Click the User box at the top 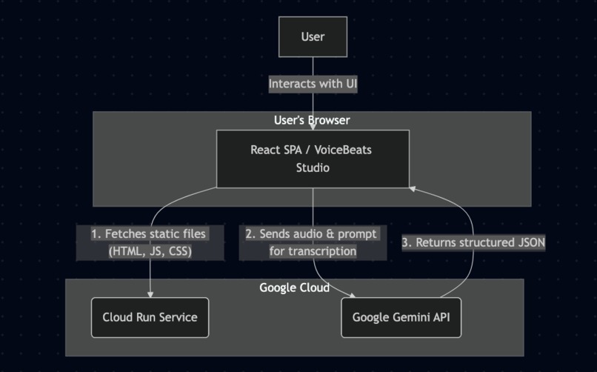click(x=313, y=37)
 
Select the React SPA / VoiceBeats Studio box click(x=312, y=159)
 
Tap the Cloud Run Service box click(x=150, y=317)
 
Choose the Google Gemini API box click(x=401, y=317)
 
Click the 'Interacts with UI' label click(x=313, y=84)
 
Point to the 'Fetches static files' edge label click(x=150, y=234)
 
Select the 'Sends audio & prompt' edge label click(x=312, y=234)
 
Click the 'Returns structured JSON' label click(x=473, y=242)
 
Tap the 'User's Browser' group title click(x=312, y=120)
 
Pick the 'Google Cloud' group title click(x=294, y=288)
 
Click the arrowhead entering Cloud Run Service click(x=150, y=294)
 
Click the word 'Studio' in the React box click(x=312, y=168)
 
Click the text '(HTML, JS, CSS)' click(x=150, y=251)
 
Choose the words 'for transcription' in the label click(x=312, y=251)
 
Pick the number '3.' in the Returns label click(x=407, y=242)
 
